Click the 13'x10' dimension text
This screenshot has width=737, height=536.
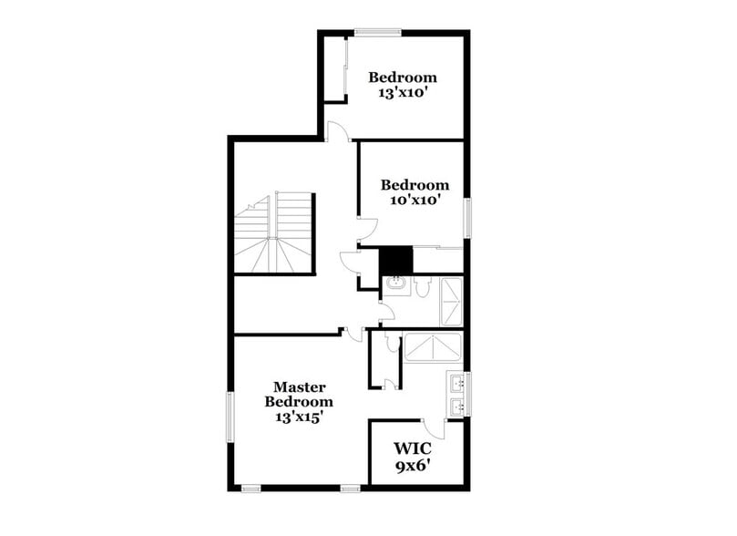(402, 92)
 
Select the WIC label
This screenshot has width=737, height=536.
(413, 448)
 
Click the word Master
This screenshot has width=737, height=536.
(299, 387)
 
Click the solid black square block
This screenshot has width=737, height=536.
(395, 261)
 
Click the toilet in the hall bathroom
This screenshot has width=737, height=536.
(423, 287)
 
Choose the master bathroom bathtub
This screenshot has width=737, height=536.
(434, 348)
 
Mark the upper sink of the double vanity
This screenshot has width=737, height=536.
(456, 383)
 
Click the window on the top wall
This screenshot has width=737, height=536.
(378, 33)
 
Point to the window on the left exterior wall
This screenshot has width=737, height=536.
(230, 417)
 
